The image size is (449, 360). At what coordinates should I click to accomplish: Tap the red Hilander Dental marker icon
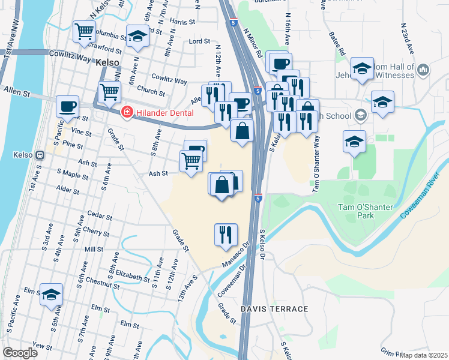[127, 112]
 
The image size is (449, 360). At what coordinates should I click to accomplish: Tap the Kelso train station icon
[40, 155]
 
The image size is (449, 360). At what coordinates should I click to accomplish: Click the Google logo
[20, 353]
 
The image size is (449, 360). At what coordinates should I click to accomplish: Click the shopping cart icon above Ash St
[191, 161]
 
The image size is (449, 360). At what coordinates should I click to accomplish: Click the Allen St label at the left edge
[16, 94]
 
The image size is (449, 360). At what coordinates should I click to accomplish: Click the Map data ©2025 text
[424, 355]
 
